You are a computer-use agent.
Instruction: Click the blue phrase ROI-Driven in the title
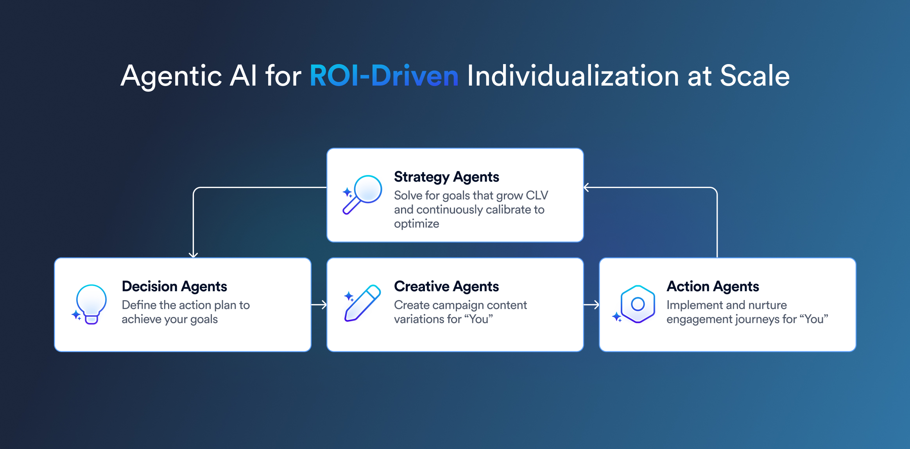coord(384,76)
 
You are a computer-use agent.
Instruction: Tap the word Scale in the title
coord(754,76)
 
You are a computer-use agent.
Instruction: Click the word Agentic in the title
coord(171,76)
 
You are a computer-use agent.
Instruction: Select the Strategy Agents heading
coord(446,177)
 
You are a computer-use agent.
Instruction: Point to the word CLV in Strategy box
coord(537,195)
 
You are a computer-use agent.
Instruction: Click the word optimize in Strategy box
coord(416,224)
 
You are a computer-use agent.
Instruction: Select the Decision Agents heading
coord(174,286)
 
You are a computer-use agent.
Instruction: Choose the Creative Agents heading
coord(446,286)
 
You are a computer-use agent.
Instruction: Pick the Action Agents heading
coord(713,286)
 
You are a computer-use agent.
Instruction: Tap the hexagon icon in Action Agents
coord(638,304)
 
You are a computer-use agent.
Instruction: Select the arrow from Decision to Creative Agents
coord(319,304)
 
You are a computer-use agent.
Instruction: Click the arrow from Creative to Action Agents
coord(591,304)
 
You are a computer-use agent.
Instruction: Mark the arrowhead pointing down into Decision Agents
coord(193,255)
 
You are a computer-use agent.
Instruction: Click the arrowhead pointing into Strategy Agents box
coord(586,188)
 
